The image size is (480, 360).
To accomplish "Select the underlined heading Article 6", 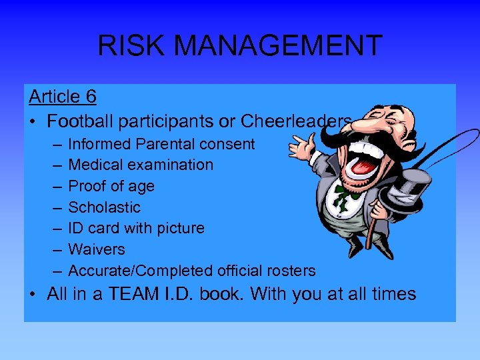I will point(63,97).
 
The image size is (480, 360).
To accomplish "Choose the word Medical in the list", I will point(97,165).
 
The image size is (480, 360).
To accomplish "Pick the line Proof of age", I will point(111,186).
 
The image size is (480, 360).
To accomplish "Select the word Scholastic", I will point(104,207).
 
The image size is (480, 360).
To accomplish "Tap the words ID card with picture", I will point(136,228).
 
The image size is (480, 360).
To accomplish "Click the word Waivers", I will point(97,249).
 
